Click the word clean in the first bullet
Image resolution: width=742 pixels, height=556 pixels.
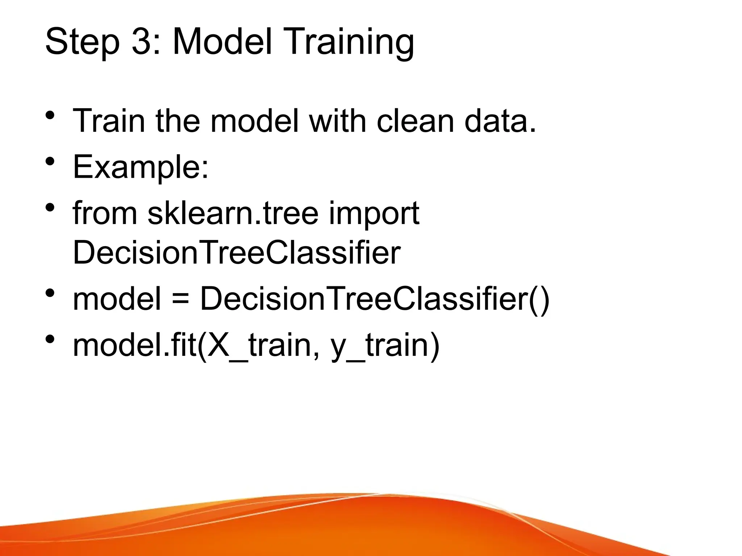[x=415, y=121]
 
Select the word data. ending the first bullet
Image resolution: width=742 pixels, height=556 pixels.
[x=500, y=121]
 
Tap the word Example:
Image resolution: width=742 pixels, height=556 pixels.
[x=141, y=167]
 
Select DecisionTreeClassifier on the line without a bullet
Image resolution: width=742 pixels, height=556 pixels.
[x=237, y=252]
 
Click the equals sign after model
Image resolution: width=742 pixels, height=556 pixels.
[x=180, y=299]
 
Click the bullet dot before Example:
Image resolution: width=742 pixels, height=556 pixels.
[x=50, y=161]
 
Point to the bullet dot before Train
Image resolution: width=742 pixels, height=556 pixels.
[x=50, y=115]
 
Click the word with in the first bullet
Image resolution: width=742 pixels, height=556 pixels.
[x=337, y=121]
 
